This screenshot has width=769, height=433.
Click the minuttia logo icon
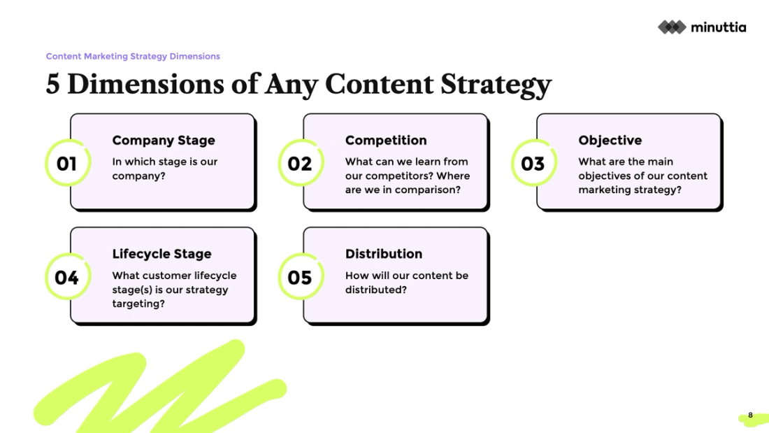672,27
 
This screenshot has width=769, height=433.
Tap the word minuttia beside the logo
718,27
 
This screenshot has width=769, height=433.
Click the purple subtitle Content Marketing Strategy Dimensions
133,56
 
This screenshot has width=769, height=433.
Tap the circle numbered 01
67,164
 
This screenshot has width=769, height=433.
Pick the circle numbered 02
300,164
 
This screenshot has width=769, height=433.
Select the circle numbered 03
533,164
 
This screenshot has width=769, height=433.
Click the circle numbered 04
67,278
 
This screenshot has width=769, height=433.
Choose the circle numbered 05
300,278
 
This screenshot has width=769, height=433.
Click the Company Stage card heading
164,141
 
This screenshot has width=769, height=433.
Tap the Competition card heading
386,141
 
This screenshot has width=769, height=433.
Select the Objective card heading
610,141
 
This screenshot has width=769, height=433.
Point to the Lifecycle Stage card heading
161,254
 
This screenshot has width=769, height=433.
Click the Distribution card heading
384,254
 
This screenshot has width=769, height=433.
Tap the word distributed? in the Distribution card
375,290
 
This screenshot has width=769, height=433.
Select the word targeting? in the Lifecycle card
138,304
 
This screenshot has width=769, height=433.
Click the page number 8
751,416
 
